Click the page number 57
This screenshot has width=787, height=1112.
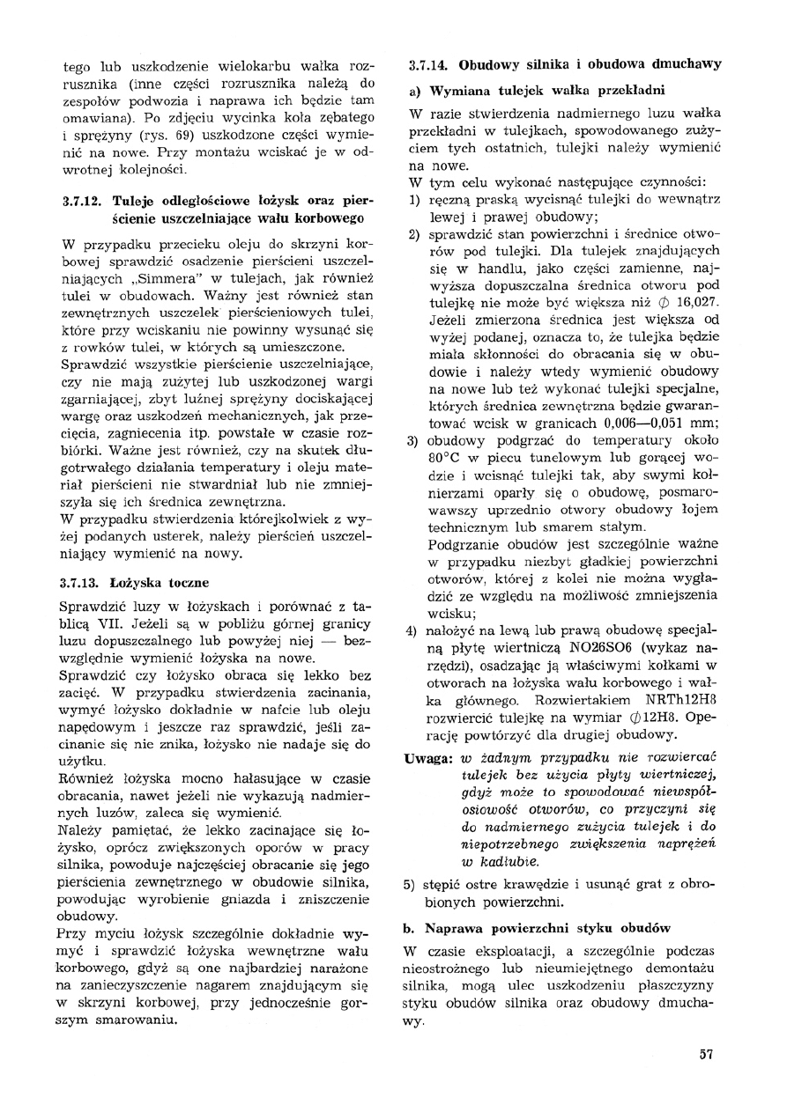705,1055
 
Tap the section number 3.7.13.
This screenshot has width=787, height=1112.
84,582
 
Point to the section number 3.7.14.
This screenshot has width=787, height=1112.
431,64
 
